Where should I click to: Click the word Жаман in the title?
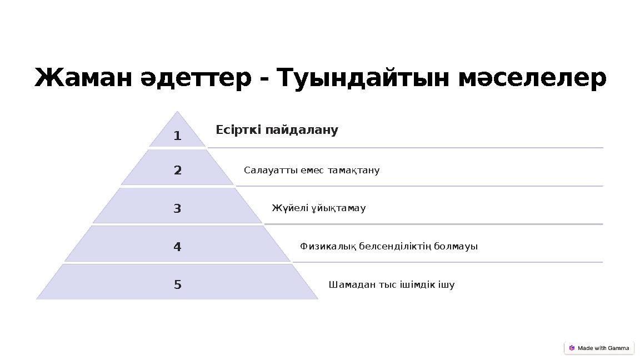pos(83,78)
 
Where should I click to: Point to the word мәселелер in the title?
pos(532,78)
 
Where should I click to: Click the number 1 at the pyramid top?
pos(177,136)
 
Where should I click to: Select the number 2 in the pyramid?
pos(177,171)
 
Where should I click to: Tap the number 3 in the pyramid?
pos(177,209)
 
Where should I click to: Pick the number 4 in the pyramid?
pos(177,247)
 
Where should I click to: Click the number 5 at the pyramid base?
pos(177,285)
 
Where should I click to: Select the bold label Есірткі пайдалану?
pos(277,130)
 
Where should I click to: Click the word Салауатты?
pos(271,170)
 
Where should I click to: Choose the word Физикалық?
pos(328,246)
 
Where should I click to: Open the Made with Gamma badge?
pos(599,348)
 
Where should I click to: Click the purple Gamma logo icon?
pos(572,348)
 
